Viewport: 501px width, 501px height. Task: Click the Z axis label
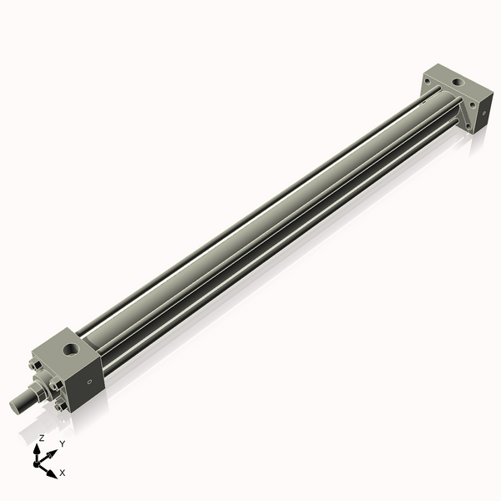42,438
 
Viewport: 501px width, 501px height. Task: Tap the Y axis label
62,445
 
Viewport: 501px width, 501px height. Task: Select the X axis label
63,473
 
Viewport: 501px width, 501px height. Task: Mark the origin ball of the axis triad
38,462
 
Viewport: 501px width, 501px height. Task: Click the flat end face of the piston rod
14,404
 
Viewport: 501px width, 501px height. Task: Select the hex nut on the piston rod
38,388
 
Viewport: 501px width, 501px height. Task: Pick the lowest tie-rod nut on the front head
63,407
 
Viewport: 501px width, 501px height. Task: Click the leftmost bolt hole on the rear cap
427,80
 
